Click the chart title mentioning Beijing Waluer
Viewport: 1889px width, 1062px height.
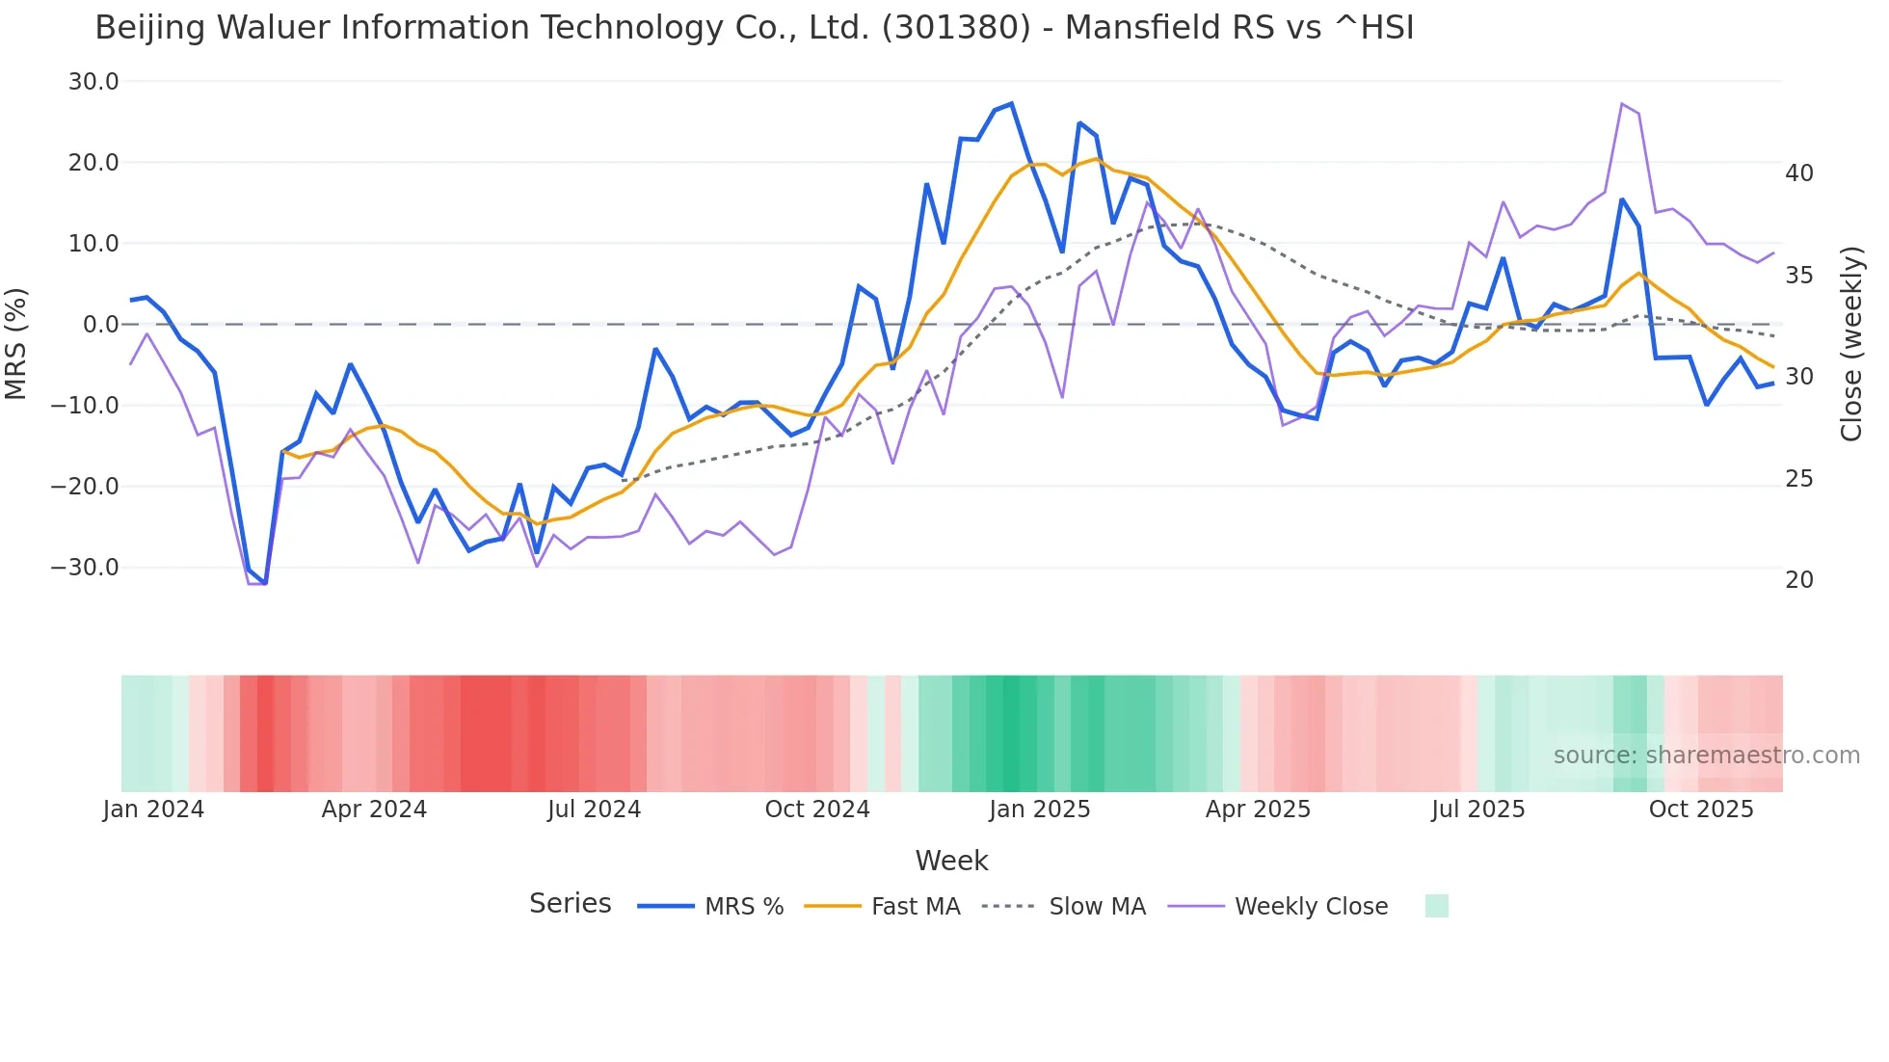coord(754,28)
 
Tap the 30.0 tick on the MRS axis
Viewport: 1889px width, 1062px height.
coord(93,82)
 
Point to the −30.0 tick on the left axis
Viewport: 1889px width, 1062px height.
coord(85,568)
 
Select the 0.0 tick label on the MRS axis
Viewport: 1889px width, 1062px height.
coord(100,325)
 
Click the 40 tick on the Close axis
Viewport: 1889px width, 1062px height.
coord(1798,173)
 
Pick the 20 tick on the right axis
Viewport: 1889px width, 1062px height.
coord(1798,580)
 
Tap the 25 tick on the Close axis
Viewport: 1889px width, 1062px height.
coord(1798,479)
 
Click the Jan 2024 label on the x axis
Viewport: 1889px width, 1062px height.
coord(153,810)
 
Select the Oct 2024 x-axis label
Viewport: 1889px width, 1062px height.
coord(816,810)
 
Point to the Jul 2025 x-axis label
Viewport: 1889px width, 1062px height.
coord(1477,810)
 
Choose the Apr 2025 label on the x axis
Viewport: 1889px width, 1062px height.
coord(1258,810)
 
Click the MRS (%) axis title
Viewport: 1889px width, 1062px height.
coord(16,343)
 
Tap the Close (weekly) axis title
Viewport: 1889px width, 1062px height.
coord(1850,343)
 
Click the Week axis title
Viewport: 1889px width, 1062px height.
coord(951,861)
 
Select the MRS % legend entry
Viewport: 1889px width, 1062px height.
coord(743,907)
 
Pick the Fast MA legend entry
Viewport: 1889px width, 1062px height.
coord(915,907)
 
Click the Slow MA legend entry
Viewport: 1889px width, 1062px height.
coord(1097,907)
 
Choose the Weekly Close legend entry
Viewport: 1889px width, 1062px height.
coord(1311,907)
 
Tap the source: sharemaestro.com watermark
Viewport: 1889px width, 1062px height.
coord(1706,756)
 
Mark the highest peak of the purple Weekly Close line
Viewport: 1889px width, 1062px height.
coord(1622,103)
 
